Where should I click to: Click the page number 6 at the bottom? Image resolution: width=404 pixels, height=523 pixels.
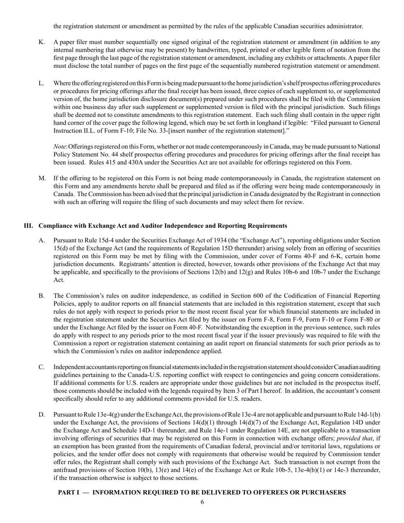[202, 502]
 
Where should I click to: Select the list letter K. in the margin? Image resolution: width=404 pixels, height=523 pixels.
[42, 42]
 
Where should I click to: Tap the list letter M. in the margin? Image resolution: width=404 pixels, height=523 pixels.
[42, 178]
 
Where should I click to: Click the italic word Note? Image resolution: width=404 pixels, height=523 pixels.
[60, 146]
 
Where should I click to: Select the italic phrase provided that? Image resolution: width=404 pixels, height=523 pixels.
[353, 446]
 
